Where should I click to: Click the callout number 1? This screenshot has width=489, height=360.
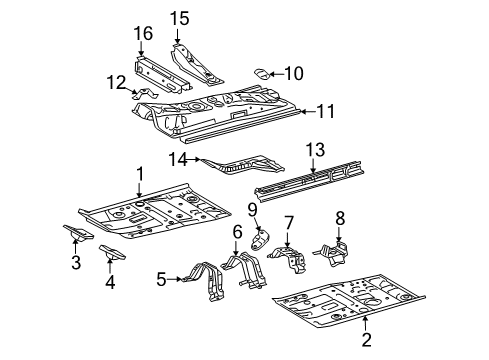pos(139,174)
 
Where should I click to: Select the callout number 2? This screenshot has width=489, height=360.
pos(365,348)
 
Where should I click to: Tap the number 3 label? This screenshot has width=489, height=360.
pos(76,263)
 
